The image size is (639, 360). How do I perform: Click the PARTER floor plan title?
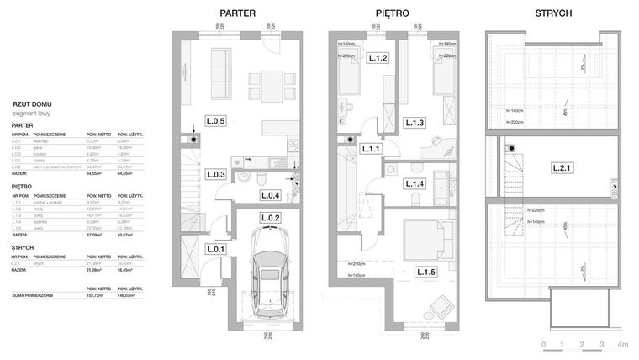[237, 14]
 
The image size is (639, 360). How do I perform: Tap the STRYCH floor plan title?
[553, 14]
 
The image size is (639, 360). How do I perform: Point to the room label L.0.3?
[216, 175]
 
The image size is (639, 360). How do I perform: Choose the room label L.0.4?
[270, 196]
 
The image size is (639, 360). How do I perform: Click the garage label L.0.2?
[270, 219]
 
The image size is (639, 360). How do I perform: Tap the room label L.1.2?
[378, 58]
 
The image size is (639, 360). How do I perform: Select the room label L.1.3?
[414, 124]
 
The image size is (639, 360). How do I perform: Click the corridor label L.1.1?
[372, 150]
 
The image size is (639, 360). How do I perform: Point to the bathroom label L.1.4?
[415, 183]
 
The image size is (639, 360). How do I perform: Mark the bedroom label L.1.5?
[425, 271]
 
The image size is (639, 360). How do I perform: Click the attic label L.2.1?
[562, 168]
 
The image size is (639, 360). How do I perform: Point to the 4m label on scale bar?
[623, 345]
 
